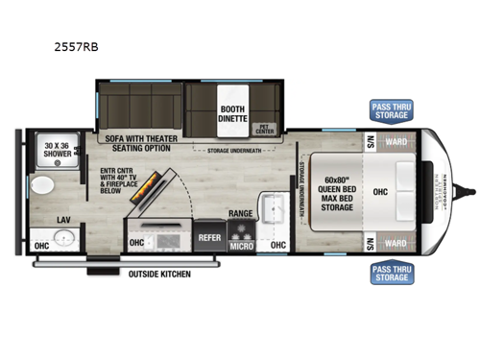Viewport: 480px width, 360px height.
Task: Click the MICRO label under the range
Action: pos(241,246)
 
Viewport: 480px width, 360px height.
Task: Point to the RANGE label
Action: pos(241,213)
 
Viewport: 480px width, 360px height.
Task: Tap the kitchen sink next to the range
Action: pos(275,210)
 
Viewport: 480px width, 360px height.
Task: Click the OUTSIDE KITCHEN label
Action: pos(160,275)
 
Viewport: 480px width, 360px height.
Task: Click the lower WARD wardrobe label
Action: pos(396,243)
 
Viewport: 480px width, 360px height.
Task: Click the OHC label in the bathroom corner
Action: pos(40,246)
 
